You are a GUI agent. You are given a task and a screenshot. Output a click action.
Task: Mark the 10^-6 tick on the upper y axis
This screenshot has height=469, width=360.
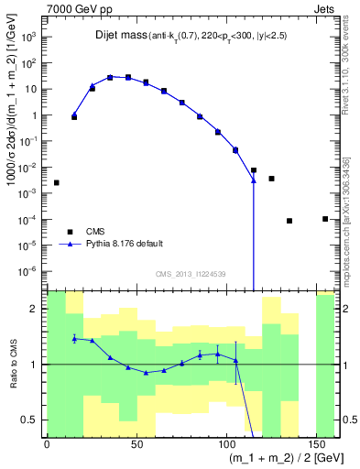32,272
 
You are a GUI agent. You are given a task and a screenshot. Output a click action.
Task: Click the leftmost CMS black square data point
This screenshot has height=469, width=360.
57,182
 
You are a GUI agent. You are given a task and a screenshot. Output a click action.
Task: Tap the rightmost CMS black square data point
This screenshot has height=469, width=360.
325,218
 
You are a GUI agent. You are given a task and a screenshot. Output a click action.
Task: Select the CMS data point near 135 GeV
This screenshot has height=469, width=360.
289,221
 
